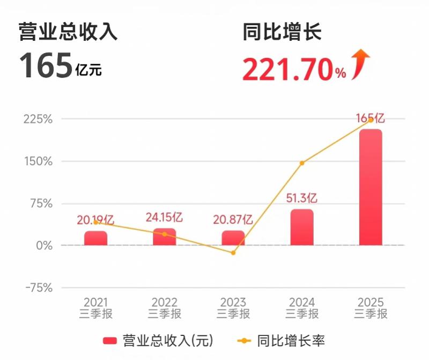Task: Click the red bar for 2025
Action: tap(371, 187)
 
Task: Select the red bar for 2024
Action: tap(302, 227)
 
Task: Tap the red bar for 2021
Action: tap(95, 238)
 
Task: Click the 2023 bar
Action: tap(233, 238)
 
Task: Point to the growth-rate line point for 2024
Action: tap(302, 163)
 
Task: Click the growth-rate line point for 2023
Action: tap(233, 252)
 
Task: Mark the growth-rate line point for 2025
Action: tap(371, 120)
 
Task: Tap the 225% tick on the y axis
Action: tap(38, 119)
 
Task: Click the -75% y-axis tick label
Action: tap(38, 288)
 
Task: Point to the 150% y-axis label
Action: tap(38, 161)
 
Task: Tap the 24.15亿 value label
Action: tap(165, 217)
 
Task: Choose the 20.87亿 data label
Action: tap(233, 219)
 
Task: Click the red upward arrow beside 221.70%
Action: tap(361, 64)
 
